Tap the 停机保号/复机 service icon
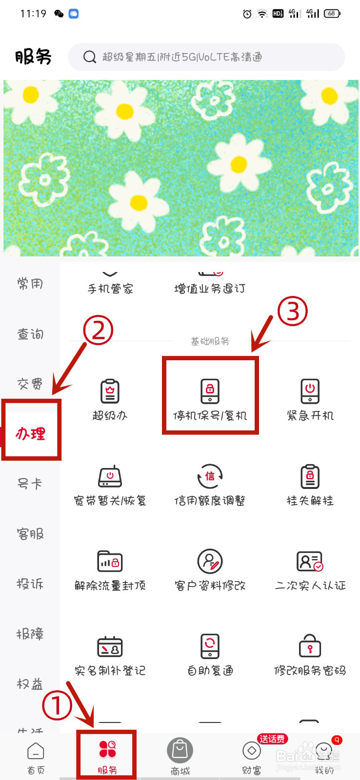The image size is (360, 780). coord(210,391)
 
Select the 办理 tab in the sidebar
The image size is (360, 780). coord(31,433)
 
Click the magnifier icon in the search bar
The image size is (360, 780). coord(90,57)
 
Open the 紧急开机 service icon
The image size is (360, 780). coord(310,391)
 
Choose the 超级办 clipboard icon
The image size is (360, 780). coord(110,391)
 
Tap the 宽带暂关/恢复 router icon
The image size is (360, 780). coord(110,476)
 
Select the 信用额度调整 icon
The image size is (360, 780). coord(210,476)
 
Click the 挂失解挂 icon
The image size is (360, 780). coord(310,476)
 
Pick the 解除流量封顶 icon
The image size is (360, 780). coord(110,562)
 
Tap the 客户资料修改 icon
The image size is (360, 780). coord(210,562)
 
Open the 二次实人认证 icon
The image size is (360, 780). coord(310,562)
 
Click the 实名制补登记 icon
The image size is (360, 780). coord(110,647)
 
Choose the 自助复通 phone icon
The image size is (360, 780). coord(210,647)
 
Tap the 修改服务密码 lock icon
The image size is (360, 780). coord(310,647)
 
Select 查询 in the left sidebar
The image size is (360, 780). coord(30,334)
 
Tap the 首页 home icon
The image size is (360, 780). coord(36,751)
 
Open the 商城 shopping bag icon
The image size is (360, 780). coord(180,751)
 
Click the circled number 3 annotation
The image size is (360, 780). coord(293,311)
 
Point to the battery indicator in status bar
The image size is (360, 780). coord(332,14)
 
